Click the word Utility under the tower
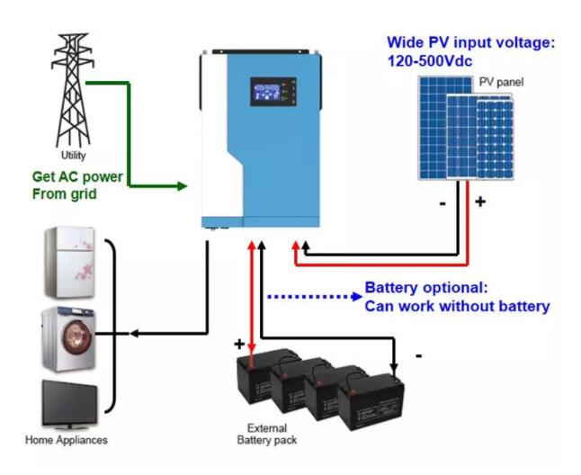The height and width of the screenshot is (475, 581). click(x=72, y=155)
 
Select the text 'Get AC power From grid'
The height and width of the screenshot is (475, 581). click(x=77, y=185)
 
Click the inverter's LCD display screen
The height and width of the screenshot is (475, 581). click(x=265, y=92)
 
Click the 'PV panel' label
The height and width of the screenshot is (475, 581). click(x=501, y=82)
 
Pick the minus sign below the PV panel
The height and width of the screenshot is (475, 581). click(x=442, y=203)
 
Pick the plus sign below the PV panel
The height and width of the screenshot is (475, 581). click(x=479, y=202)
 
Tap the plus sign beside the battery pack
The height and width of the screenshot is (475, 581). click(x=239, y=345)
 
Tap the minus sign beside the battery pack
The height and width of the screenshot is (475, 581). click(x=419, y=356)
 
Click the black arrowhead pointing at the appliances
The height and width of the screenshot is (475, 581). click(x=134, y=334)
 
